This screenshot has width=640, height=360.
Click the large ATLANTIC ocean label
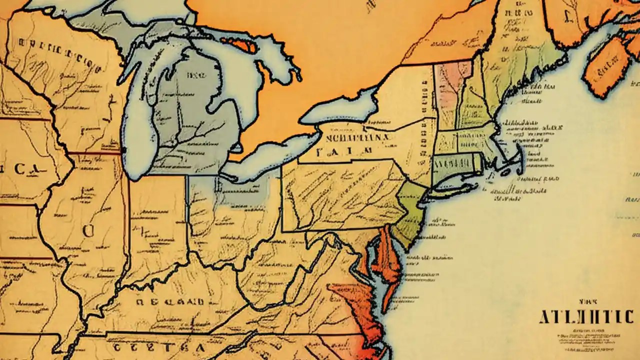[586, 316]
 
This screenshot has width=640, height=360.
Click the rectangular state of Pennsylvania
[340, 195]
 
